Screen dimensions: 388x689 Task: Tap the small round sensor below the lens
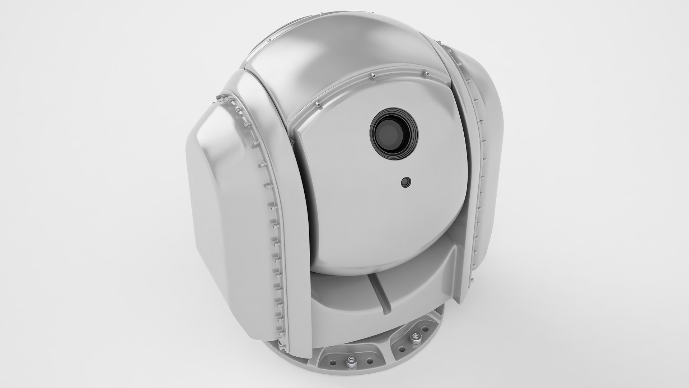tap(406, 182)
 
